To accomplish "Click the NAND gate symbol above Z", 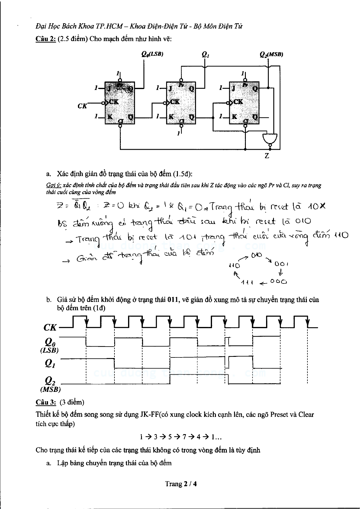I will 270,138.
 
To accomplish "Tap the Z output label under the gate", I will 267,156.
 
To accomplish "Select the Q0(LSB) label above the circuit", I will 152,54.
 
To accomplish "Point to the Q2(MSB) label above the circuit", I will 271,54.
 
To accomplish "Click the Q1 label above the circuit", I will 205,55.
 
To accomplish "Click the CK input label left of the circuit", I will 82,106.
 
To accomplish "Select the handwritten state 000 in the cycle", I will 278,282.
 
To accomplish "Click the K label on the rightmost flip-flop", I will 234,117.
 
